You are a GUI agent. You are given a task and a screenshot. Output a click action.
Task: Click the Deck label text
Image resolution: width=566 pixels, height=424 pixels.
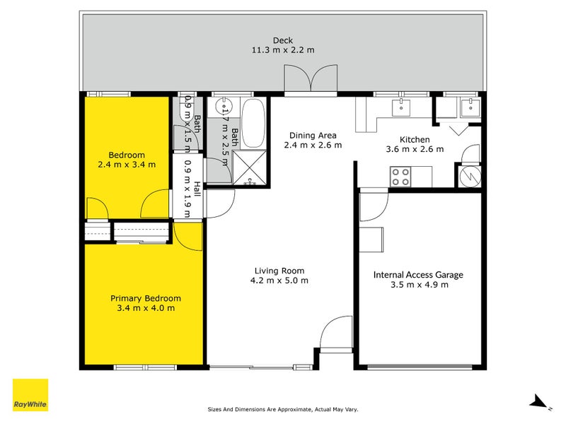click(x=282, y=40)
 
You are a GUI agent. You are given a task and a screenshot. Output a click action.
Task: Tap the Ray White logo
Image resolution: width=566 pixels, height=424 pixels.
click(x=30, y=395)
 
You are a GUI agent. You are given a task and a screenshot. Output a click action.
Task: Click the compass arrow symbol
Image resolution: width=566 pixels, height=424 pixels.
click(x=540, y=402)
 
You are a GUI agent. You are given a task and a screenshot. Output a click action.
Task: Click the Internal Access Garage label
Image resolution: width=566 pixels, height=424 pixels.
click(x=418, y=275)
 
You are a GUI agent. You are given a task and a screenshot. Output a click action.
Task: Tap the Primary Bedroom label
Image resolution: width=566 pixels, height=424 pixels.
click(x=145, y=298)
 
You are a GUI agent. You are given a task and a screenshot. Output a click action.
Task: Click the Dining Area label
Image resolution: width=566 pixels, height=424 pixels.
click(x=312, y=136)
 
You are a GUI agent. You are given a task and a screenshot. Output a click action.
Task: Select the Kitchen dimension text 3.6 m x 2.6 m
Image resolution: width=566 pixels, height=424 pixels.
click(x=415, y=149)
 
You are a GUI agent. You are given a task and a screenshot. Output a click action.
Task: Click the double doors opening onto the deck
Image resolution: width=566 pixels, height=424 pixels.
click(x=311, y=79)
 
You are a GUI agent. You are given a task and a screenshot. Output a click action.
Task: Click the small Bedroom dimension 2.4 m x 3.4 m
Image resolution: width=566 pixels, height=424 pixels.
click(x=127, y=165)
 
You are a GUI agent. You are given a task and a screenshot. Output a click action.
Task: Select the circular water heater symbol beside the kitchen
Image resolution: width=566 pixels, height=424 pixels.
click(x=470, y=175)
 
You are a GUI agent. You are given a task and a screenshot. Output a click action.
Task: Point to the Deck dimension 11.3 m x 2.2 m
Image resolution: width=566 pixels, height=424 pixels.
click(x=282, y=50)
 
